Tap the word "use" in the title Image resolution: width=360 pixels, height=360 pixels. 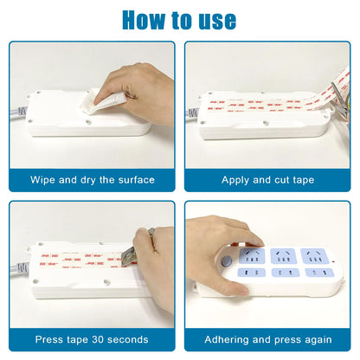pyautogui.click(x=216, y=18)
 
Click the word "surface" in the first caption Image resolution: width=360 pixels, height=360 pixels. pyautogui.click(x=134, y=180)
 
